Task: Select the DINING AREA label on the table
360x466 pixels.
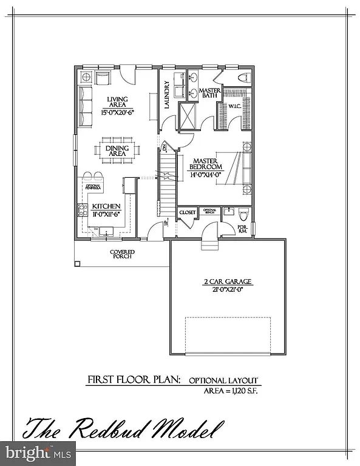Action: [116, 150]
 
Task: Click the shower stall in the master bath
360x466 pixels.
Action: [187, 115]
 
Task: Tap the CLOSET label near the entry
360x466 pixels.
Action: [188, 212]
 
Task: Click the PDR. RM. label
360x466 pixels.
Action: [243, 229]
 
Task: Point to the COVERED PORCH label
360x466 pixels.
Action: [122, 254]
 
